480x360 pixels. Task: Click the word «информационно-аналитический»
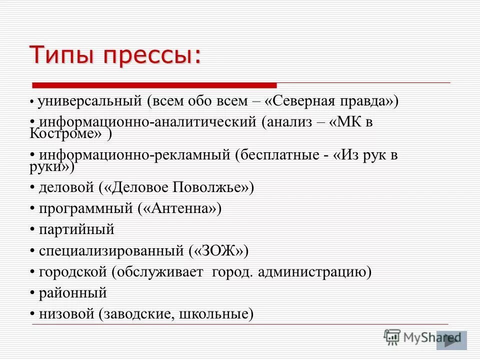(x=148, y=122)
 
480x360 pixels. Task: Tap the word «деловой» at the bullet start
(x=66, y=187)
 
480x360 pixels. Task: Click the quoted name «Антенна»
(x=179, y=208)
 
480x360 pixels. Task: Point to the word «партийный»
(x=77, y=230)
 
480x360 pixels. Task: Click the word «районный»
(x=73, y=293)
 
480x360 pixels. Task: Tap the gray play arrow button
(x=451, y=340)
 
